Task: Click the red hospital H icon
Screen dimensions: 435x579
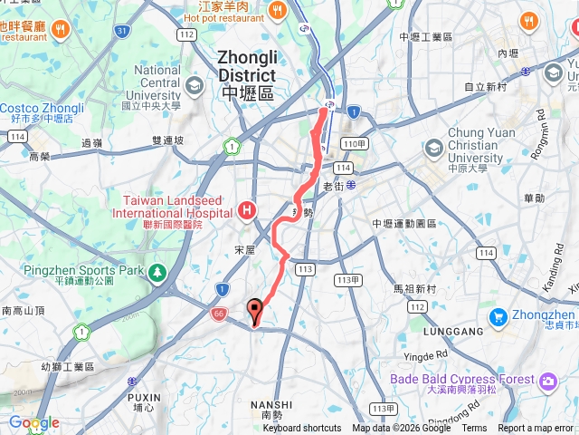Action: [x=247, y=211]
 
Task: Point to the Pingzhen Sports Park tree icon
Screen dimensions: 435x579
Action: [x=158, y=272]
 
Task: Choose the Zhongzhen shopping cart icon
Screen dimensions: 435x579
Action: [x=498, y=317]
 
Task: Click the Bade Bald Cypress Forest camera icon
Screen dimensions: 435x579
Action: [x=547, y=382]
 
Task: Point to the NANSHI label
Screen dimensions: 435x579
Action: [x=275, y=404]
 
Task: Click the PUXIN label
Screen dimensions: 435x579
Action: [x=143, y=397]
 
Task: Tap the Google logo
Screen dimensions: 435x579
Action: [x=33, y=423]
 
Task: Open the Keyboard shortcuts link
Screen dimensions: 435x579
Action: [x=302, y=429]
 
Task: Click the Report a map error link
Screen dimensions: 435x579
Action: [x=536, y=429]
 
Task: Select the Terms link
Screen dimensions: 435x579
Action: [x=474, y=429]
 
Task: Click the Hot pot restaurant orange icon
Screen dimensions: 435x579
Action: [x=276, y=10]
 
